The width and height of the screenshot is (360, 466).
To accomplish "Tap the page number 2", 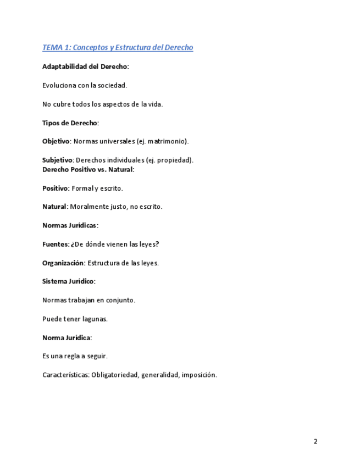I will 315,441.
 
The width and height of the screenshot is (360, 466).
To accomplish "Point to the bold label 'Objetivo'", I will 56,141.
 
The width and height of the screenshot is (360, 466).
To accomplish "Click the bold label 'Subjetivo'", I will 58,160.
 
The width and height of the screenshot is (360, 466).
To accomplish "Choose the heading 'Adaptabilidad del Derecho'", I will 85,66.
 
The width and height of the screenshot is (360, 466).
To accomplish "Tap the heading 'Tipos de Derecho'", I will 70,123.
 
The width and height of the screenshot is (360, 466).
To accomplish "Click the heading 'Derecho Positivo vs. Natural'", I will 88,169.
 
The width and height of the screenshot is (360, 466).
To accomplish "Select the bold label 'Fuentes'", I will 55,244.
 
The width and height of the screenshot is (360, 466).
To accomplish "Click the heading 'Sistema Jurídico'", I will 68,281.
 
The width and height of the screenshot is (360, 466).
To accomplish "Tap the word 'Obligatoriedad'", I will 114,375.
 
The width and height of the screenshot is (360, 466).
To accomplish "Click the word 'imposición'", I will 198,375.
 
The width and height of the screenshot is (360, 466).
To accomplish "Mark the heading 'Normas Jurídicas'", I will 70,225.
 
